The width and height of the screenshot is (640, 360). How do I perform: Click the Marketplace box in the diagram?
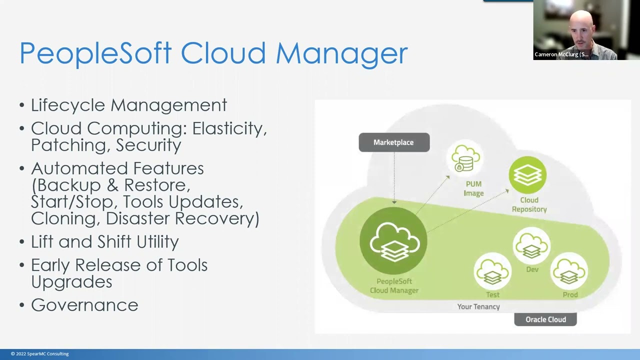pos(394,142)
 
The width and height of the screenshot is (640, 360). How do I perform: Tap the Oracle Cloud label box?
pos(545,319)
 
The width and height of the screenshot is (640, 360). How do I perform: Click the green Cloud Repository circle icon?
pos(527,175)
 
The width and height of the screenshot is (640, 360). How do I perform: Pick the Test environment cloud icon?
pos(492,271)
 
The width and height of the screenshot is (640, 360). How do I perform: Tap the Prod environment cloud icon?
pos(569,271)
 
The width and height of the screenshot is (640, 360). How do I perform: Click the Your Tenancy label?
pos(478,306)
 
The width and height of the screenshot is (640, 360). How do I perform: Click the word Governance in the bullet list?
pos(84,305)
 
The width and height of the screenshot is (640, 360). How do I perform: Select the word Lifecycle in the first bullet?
pos(68,105)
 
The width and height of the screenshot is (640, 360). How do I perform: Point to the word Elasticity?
pos(229,128)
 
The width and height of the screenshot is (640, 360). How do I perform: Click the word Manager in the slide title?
pos(341,53)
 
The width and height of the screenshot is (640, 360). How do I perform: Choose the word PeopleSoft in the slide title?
pos(95,53)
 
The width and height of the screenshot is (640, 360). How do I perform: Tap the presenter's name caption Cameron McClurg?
pos(561,54)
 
